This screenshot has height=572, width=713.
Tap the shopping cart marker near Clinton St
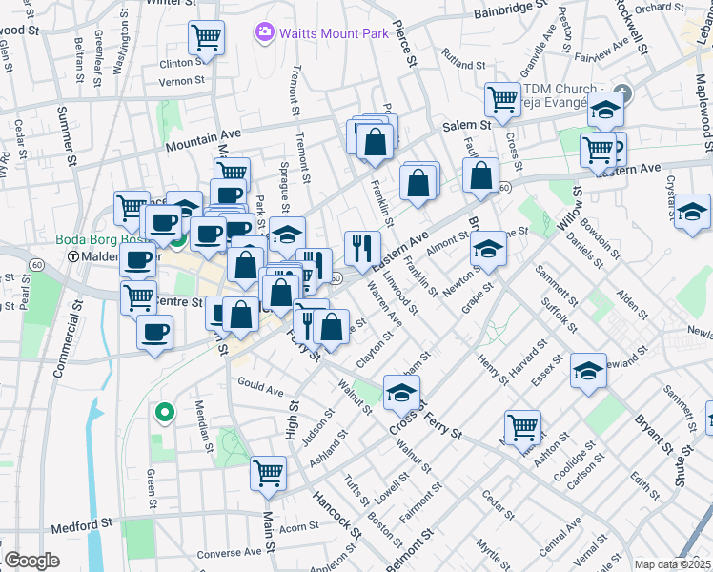[206, 39]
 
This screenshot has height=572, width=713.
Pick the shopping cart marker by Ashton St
[522, 428]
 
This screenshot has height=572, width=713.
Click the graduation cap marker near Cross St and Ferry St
[401, 392]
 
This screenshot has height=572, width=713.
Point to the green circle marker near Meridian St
[164, 413]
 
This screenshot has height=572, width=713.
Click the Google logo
[31, 561]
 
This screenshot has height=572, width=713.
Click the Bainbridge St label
[510, 13]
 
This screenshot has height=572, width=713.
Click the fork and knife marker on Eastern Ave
[362, 249]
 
